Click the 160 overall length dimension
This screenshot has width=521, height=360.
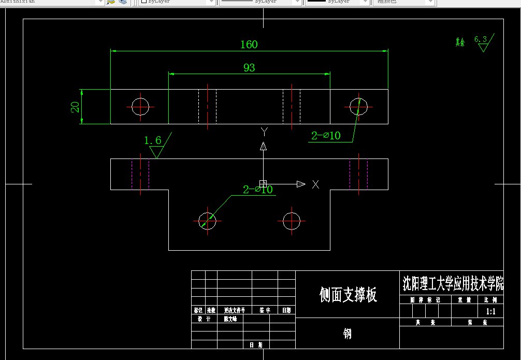pyautogui.click(x=249, y=45)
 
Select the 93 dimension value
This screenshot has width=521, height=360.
pyautogui.click(x=249, y=68)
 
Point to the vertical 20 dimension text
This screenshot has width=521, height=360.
pyautogui.click(x=76, y=107)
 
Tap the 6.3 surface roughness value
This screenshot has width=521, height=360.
pyautogui.click(x=481, y=39)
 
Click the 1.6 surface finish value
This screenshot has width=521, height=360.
pyautogui.click(x=152, y=140)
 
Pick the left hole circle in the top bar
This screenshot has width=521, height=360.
pyautogui.click(x=140, y=107)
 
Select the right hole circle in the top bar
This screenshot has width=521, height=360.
pyautogui.click(x=358, y=107)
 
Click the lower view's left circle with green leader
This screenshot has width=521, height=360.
pyautogui.click(x=207, y=221)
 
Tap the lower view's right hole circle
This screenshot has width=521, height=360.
pyautogui.click(x=292, y=221)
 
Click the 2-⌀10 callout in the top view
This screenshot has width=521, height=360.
pyautogui.click(x=326, y=136)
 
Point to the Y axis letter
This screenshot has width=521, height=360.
pyautogui.click(x=264, y=132)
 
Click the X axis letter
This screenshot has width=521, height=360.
pyautogui.click(x=315, y=184)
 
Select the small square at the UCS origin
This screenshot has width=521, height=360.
pyautogui.click(x=263, y=183)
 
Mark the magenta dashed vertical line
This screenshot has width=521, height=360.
pyautogui.click(x=132, y=174)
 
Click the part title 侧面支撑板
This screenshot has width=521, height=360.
pyautogui.click(x=348, y=295)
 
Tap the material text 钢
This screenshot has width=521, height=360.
pyautogui.click(x=348, y=334)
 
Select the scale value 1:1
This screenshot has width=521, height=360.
pyautogui.click(x=490, y=311)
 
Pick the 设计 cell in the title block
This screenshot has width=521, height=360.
pyautogui.click(x=204, y=319)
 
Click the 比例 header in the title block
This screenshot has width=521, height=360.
pyautogui.click(x=490, y=299)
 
